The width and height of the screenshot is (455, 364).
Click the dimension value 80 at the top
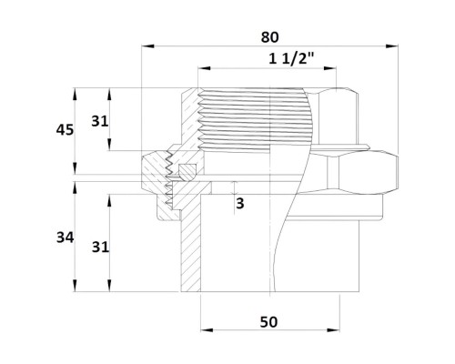269,37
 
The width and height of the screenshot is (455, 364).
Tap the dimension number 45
65,130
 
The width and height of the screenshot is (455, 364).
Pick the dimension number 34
65,238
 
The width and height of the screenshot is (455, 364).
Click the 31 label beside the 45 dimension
100,122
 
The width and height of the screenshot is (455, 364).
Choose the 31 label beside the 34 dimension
100,248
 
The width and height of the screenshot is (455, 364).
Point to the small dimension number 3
240,203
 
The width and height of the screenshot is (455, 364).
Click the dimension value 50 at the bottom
268,322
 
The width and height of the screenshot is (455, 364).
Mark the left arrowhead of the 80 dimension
148,46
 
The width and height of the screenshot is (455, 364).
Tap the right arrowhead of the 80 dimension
392,46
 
